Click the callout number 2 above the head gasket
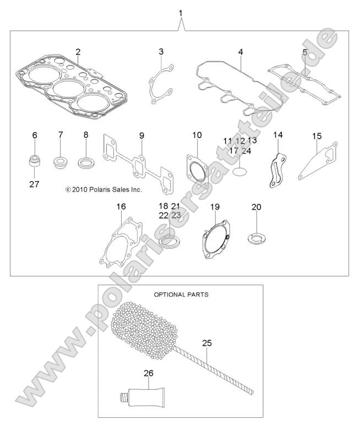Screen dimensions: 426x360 pyautogui.click(x=78, y=52)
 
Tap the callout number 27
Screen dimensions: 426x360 pyautogui.click(x=34, y=184)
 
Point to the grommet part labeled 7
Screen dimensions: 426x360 pyautogui.click(x=61, y=162)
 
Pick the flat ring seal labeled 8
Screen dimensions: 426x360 pyautogui.click(x=86, y=162)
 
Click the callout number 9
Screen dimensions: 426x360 pyautogui.click(x=141, y=135)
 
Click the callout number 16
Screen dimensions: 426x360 pyautogui.click(x=121, y=206)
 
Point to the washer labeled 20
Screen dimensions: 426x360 pyautogui.click(x=257, y=238)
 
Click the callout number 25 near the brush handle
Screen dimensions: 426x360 pyautogui.click(x=206, y=343)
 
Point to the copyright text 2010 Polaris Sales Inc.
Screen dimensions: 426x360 pyautogui.click(x=103, y=189)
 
